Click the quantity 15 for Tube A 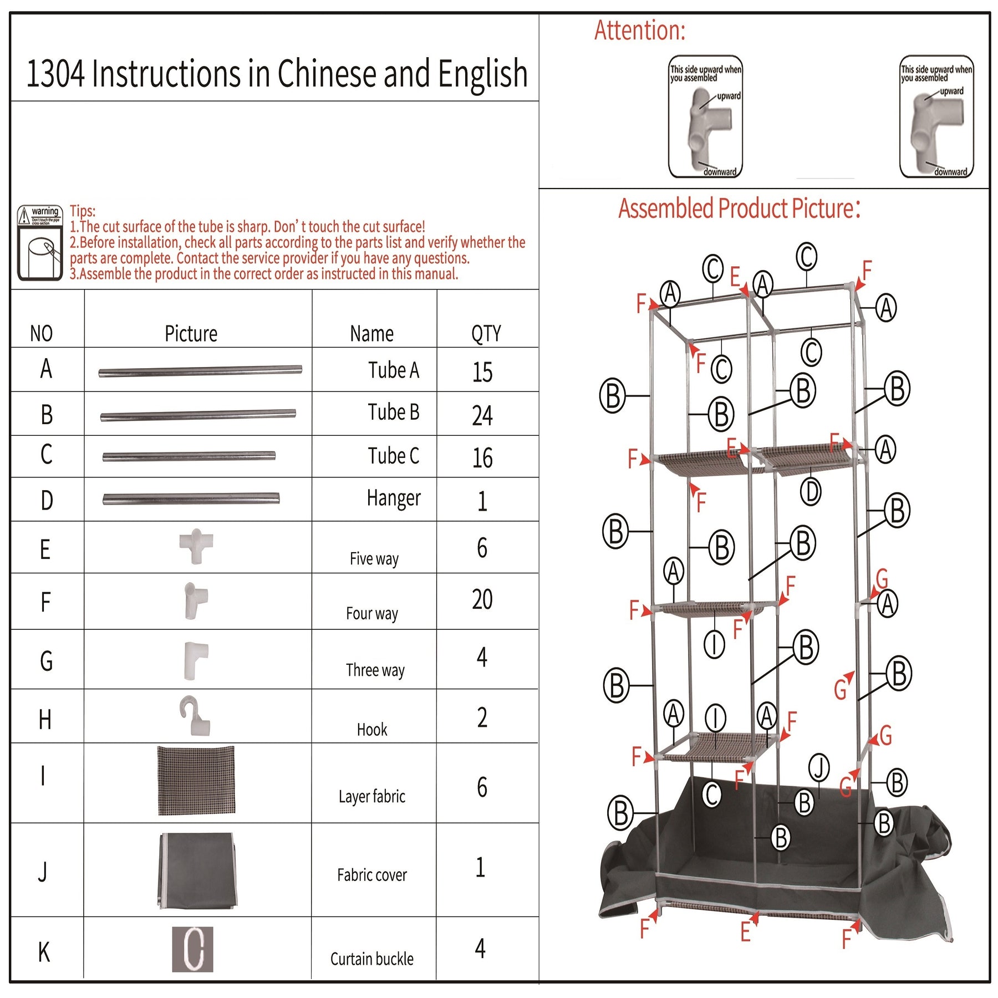point(482,371)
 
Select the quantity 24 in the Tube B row point(482,415)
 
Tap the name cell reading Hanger point(393,498)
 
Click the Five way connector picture point(196,546)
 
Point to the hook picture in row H point(195,715)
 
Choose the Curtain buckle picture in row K point(192,949)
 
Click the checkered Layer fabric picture point(196,780)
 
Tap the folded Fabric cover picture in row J point(198,870)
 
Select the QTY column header point(486,334)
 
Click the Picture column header point(191,334)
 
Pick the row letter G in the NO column point(47,661)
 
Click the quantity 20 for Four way point(482,599)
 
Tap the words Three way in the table point(375,670)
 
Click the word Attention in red point(639,30)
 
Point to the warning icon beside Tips point(39,242)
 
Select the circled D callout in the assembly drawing point(811,491)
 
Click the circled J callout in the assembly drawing point(819,767)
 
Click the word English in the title point(482,74)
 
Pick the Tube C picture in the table point(189,456)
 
